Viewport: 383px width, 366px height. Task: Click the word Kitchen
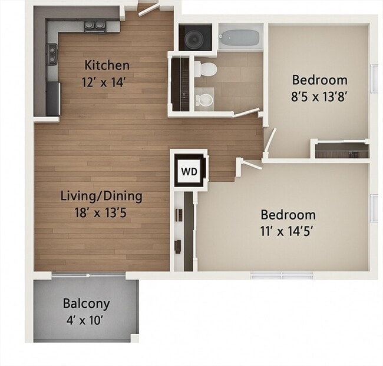click(x=107, y=65)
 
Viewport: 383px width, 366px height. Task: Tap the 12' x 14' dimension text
click(x=104, y=82)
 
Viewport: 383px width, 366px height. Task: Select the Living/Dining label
click(x=101, y=197)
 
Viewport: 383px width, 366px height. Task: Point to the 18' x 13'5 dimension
click(x=101, y=213)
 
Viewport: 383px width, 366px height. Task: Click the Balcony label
click(x=87, y=304)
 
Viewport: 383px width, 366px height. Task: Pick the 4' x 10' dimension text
click(x=84, y=320)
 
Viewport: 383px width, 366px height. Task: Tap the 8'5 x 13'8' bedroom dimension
click(x=319, y=97)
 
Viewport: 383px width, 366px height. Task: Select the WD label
click(x=189, y=172)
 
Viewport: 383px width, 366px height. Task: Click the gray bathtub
click(x=239, y=38)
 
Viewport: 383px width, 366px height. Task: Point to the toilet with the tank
click(x=206, y=69)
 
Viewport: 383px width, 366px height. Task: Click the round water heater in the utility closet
click(x=194, y=38)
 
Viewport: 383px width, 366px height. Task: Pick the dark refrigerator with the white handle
click(x=54, y=99)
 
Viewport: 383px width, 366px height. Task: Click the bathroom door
click(x=246, y=112)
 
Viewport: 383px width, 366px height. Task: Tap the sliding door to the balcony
click(x=88, y=275)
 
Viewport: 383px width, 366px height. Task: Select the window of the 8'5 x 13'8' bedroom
click(x=374, y=78)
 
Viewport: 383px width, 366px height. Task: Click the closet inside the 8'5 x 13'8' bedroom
click(x=342, y=151)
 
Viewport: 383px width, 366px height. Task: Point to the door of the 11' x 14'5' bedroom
click(x=252, y=164)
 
